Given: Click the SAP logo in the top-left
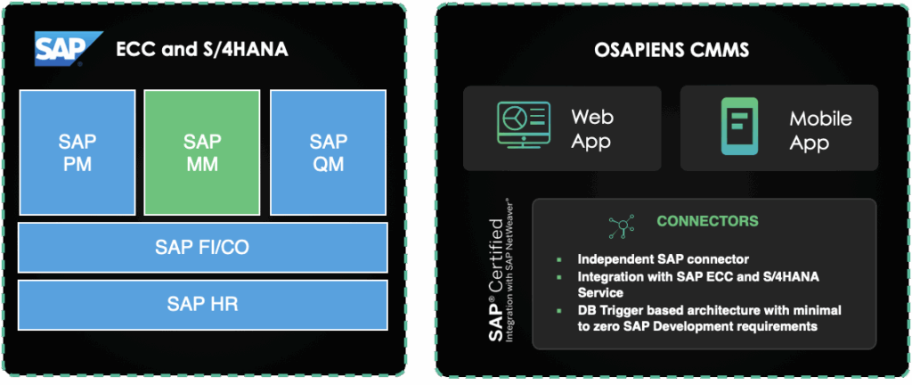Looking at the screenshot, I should [59, 49].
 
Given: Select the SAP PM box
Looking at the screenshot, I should [77, 152].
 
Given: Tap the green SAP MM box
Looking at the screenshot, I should [203, 152].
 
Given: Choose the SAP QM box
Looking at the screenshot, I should [329, 152].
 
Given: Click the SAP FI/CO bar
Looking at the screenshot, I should [203, 247].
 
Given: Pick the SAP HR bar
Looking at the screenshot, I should [203, 304].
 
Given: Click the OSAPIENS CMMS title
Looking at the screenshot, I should [672, 50].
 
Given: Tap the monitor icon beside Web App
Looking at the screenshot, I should [521, 127].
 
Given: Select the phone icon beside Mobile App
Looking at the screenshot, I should [739, 127].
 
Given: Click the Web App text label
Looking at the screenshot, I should [592, 128].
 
